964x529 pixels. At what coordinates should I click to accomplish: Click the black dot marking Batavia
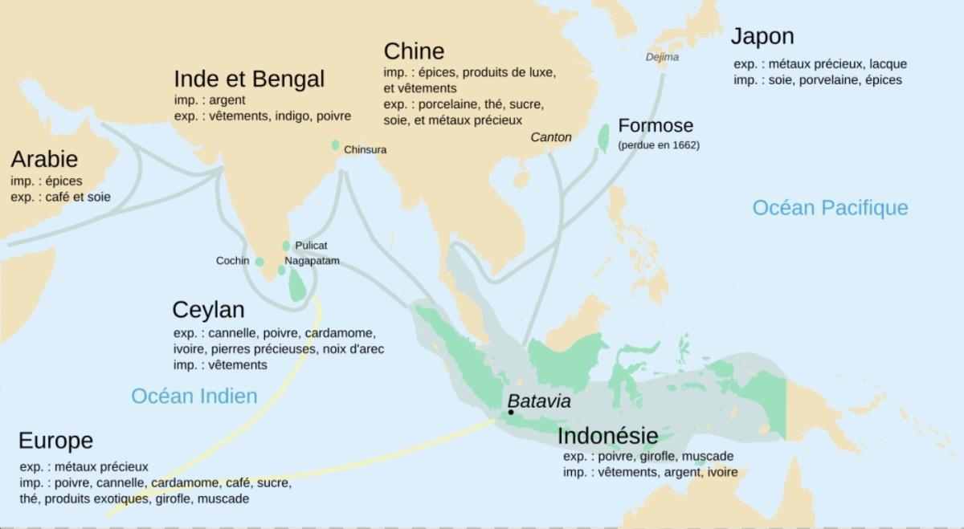coord(511,413)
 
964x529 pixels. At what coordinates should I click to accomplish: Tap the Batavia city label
coord(539,401)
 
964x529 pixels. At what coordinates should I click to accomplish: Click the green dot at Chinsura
coord(335,145)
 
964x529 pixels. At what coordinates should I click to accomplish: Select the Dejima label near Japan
coord(662,57)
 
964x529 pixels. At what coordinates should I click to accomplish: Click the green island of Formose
coord(602,137)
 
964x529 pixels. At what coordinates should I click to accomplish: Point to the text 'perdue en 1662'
coord(658,145)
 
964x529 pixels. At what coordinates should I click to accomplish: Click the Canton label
coord(551,137)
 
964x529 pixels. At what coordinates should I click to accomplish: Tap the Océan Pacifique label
coord(830,208)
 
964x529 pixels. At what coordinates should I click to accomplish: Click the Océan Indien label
coord(194,396)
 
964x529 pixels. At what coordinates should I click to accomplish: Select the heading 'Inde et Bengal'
coord(249,79)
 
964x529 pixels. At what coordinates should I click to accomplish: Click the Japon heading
coord(762,36)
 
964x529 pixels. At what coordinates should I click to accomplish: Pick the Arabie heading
coord(44,158)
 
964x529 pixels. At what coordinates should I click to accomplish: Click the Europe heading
coord(55,441)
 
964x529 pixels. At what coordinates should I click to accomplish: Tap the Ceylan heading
coord(208,309)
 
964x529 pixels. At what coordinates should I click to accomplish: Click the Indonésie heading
coord(607,436)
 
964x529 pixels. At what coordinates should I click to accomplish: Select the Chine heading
coord(414,51)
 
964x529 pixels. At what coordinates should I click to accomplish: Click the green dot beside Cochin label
coord(259,262)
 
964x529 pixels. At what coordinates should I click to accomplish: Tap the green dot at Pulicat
coord(286,246)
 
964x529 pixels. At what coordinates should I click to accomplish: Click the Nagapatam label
coord(312,261)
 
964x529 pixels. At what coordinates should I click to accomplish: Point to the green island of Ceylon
coord(298,284)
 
